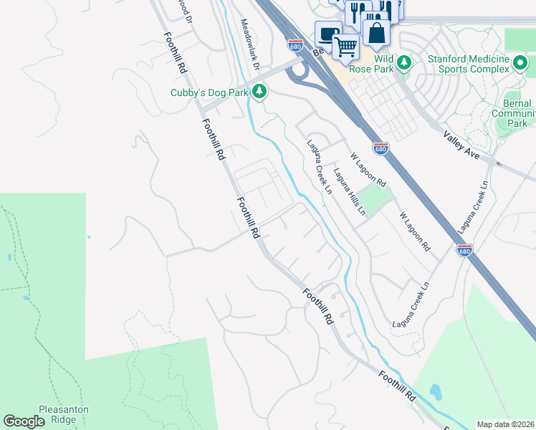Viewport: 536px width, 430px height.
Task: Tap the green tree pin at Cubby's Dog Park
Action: (259, 91)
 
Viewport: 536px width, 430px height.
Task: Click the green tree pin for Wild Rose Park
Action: (403, 63)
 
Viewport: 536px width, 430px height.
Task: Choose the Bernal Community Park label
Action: (518, 113)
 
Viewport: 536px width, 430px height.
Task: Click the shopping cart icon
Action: (346, 47)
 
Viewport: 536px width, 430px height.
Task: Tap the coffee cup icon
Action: (328, 34)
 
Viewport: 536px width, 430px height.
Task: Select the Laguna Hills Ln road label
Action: (349, 192)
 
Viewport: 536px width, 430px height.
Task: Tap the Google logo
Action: (24, 421)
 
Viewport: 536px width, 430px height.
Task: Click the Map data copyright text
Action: (505, 424)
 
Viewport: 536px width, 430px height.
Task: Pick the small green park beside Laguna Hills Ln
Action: (375, 195)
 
